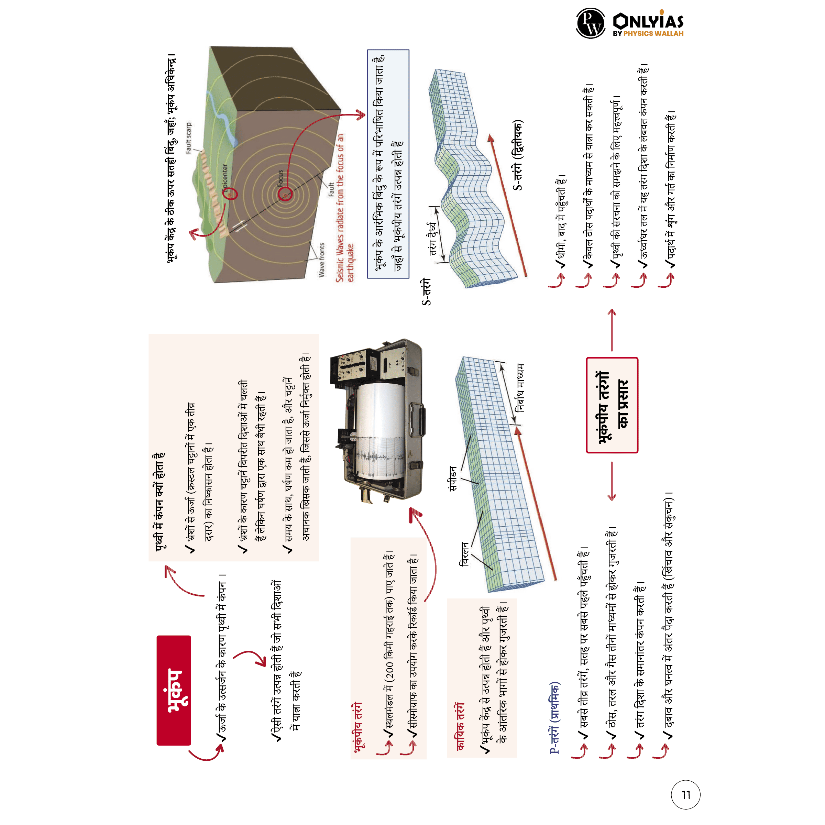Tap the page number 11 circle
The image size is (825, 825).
click(686, 795)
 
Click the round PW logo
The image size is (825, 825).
click(591, 23)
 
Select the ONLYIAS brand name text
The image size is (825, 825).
click(648, 21)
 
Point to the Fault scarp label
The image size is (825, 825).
click(188, 137)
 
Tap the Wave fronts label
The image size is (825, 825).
click(321, 260)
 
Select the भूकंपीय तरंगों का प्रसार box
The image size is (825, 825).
click(612, 405)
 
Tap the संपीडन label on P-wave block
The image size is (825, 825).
click(453, 478)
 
